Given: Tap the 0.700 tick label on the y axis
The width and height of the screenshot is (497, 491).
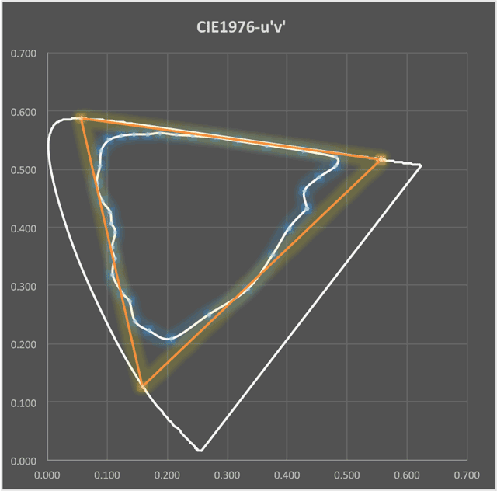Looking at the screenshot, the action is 23,54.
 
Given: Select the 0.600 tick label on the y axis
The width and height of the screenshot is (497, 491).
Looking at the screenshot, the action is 23,112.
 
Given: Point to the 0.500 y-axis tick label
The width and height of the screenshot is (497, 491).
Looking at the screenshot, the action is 23,170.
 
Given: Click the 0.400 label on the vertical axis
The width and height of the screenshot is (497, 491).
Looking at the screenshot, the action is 23,228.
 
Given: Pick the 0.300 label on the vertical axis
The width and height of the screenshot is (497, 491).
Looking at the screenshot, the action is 23,287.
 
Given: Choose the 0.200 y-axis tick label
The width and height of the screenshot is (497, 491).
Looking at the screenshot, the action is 23,344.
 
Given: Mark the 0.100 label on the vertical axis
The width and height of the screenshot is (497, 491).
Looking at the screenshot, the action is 23,403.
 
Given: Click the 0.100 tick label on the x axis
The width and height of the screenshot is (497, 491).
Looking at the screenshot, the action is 107,475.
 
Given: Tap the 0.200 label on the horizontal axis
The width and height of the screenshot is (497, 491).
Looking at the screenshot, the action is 167,475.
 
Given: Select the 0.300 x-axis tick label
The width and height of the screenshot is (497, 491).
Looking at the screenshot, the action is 227,475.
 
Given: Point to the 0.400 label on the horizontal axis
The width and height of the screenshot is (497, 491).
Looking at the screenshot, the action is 287,475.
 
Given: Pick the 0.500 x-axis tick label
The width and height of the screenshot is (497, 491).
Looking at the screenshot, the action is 347,475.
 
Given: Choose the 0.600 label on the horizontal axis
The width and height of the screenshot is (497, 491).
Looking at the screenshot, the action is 407,475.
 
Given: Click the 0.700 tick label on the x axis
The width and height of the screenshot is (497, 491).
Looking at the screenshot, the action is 467,475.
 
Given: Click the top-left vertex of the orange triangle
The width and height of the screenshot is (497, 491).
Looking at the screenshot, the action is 81,118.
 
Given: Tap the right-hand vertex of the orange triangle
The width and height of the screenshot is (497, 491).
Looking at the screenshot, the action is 381,159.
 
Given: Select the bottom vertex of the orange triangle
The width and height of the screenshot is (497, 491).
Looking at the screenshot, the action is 142,387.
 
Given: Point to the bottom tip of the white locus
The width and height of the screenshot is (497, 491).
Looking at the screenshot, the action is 200,450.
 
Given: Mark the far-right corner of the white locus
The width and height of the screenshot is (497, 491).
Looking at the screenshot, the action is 421,165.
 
